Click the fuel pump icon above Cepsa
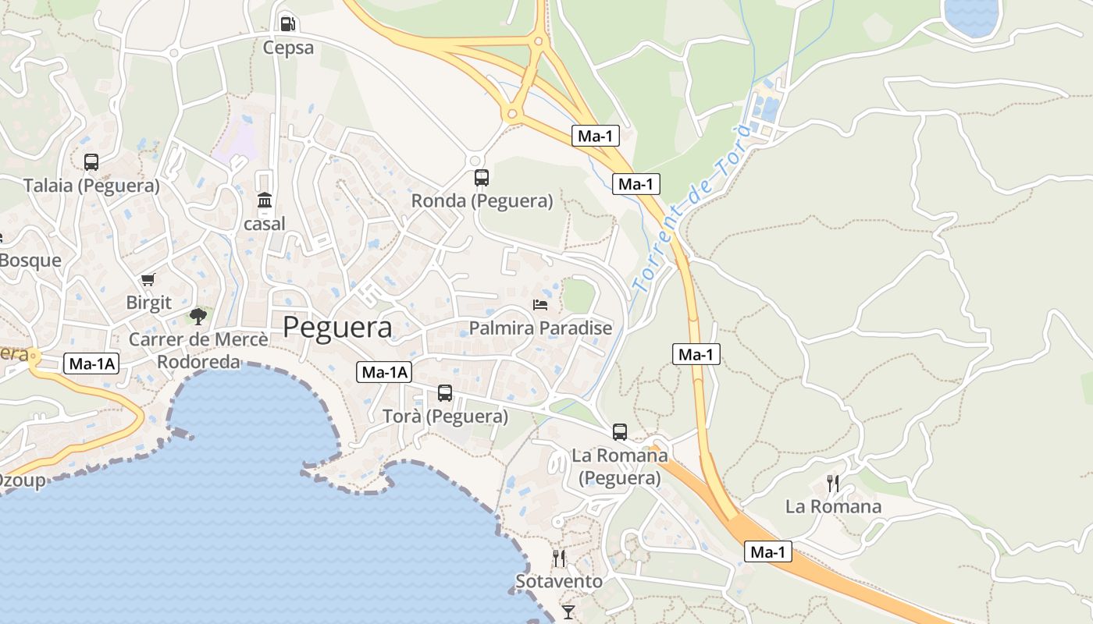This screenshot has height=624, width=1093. tap(287, 23)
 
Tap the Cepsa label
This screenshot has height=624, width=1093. tap(288, 48)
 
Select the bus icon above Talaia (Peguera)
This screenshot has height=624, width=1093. tap(91, 162)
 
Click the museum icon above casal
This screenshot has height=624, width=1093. tap(265, 200)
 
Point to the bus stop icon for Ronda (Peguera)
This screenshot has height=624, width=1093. tap(482, 178)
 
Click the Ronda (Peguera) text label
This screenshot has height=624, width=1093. tap(482, 201)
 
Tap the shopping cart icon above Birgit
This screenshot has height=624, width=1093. tap(148, 280)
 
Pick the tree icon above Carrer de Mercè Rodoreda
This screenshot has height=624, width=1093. tap(198, 316)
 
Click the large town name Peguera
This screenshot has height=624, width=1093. tap(337, 328)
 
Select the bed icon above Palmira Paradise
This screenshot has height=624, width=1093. tap(540, 304)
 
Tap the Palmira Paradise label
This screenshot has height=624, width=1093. tap(540, 328)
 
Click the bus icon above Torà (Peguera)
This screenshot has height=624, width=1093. tap(445, 393)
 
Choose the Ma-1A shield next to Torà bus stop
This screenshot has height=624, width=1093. tap(384, 373)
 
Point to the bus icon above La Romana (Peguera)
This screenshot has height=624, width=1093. tap(620, 431)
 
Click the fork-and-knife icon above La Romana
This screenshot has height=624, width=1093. tap(833, 484)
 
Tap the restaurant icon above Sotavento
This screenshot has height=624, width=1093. tap(559, 558)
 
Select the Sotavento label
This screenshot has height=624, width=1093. tap(559, 582)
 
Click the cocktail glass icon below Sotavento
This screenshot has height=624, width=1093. tap(568, 612)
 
